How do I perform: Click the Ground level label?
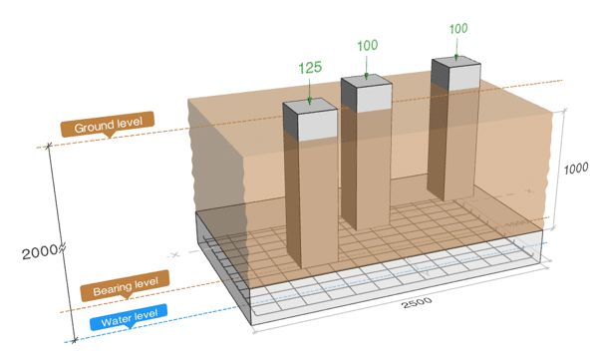pos(108,124)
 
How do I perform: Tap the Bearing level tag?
pos(125,285)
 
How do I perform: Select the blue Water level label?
pos(129,317)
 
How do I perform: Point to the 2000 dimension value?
pos(40,252)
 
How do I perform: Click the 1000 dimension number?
pos(576,169)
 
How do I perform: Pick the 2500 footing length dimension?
pos(417,302)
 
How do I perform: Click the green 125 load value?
pos(310,68)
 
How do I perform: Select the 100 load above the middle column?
pos(368,46)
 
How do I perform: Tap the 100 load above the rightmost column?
pos(458,29)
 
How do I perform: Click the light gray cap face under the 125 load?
pos(318,125)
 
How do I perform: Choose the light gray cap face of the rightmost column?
pos(463,78)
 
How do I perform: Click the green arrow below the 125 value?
pos(310,92)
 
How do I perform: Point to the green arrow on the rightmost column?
pos(456,48)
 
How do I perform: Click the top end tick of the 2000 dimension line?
pos(49,146)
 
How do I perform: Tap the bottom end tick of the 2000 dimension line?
pos(75,340)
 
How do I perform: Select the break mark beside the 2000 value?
pos(62,248)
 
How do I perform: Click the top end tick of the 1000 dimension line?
pos(565,111)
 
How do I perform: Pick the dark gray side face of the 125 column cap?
pos(290,121)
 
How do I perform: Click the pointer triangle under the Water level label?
pos(132,326)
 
